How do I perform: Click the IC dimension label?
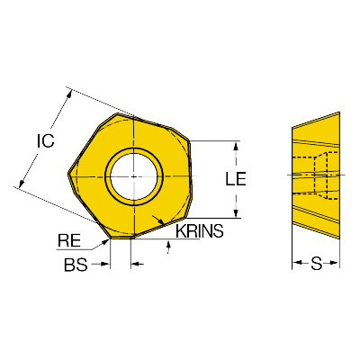pyautogui.click(x=46, y=141)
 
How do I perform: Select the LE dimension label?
pyautogui.click(x=236, y=179)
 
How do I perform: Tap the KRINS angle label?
pyautogui.click(x=200, y=231)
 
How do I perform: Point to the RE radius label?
pyautogui.click(x=69, y=240)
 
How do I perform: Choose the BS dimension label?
pyautogui.click(x=76, y=265)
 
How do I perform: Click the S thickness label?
pyautogui.click(x=316, y=264)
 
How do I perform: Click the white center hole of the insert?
pyautogui.click(x=134, y=176)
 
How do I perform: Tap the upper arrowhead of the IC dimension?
pyautogui.click(x=69, y=94)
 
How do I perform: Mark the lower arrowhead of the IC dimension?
pyautogui.click(x=21, y=184)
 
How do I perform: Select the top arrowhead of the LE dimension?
pyautogui.click(x=236, y=146)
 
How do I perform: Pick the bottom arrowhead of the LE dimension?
pyautogui.click(x=236, y=212)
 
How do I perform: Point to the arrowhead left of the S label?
pyautogui.click(x=297, y=263)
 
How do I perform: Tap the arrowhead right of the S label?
pyautogui.click(x=335, y=263)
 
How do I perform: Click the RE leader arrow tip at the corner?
pyautogui.click(x=108, y=239)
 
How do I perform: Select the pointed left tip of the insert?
pyautogui.click(x=68, y=173)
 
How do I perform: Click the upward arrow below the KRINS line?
pyautogui.click(x=168, y=245)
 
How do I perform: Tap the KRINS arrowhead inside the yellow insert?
pyautogui.click(x=161, y=222)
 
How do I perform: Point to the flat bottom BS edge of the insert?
pyautogui.click(x=121, y=238)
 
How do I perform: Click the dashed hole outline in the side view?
pyautogui.click(x=315, y=175)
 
